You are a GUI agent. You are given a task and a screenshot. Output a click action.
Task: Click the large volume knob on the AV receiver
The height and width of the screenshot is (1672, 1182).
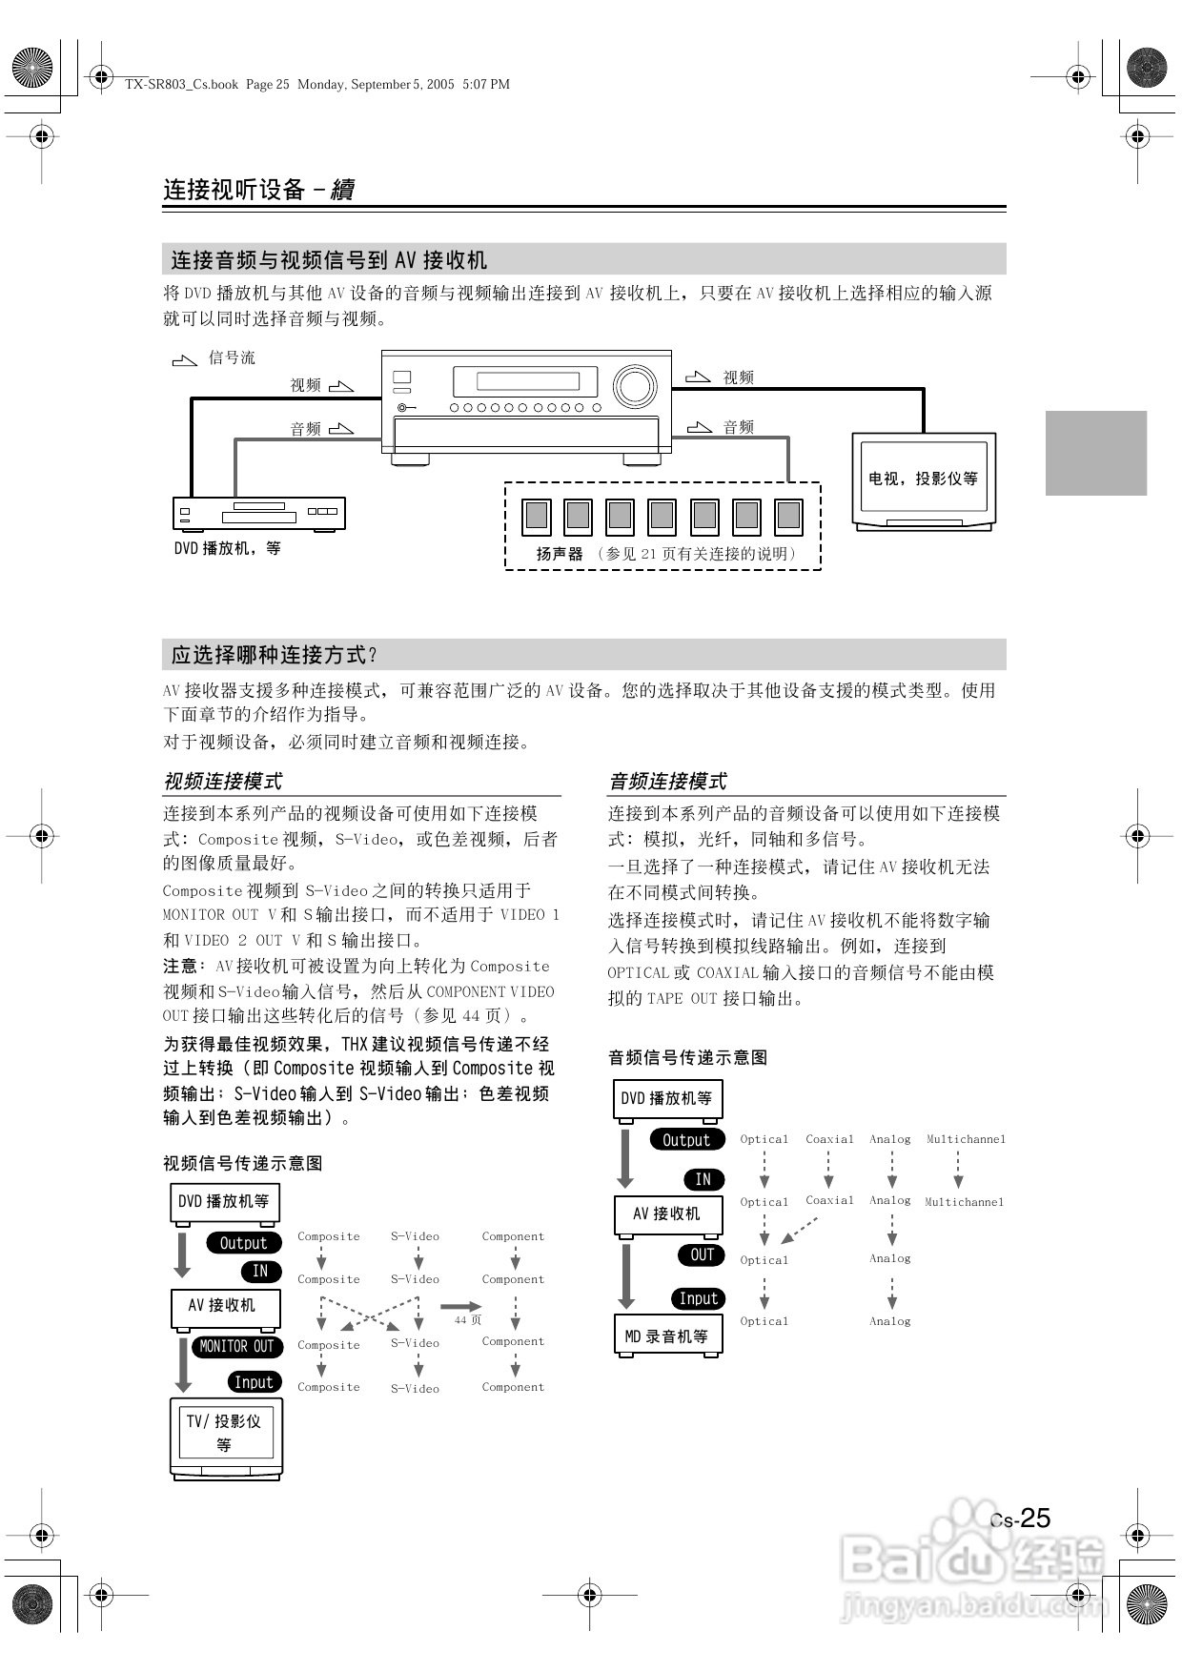(634, 386)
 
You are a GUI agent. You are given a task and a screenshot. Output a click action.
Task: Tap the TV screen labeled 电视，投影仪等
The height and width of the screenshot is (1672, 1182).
(923, 478)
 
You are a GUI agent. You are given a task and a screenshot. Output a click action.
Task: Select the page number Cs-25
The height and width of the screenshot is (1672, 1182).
(1021, 1519)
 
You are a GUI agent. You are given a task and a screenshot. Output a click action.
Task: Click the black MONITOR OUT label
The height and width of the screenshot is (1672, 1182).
(235, 1346)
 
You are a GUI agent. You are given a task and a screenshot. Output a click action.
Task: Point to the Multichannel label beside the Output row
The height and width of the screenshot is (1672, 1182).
(966, 1139)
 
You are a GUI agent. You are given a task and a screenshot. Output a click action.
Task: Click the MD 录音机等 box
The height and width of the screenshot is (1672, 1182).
(667, 1336)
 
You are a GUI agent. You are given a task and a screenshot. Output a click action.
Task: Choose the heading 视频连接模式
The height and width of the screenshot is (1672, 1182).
(223, 782)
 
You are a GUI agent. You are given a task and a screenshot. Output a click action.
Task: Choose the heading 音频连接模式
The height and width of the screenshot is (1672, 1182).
(667, 782)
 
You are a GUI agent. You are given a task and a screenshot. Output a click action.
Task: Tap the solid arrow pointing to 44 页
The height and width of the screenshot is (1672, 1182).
(461, 1306)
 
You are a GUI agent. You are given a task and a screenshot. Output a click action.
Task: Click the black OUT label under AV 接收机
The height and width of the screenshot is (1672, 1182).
(702, 1254)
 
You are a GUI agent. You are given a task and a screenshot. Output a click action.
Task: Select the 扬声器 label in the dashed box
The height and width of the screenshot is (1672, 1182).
(559, 554)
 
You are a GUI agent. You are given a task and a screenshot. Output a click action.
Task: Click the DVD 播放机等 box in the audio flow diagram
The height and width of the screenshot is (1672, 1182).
(667, 1098)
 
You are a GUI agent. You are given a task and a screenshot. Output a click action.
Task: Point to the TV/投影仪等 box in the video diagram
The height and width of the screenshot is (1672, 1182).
(225, 1433)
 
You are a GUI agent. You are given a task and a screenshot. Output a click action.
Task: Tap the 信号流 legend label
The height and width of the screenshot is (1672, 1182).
(232, 357)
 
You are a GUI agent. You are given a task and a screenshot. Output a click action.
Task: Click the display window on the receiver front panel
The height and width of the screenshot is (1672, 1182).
(527, 381)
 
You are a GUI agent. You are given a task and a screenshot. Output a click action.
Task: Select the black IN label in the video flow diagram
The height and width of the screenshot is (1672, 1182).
(259, 1271)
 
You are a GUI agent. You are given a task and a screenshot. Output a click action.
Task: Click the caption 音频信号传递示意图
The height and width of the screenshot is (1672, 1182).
(687, 1057)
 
